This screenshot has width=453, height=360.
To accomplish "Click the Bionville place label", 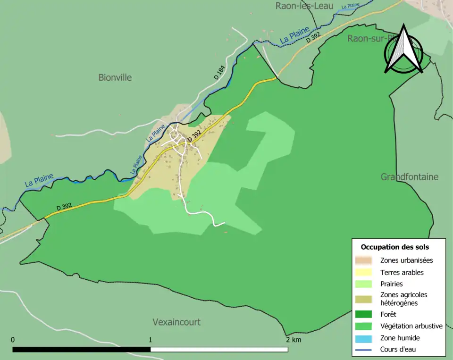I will click(115, 77).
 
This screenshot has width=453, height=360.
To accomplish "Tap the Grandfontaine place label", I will click(409, 177).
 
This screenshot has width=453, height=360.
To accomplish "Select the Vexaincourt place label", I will click(176, 322).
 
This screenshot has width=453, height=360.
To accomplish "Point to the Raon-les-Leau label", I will click(304, 6).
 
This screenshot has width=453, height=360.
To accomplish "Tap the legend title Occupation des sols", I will click(394, 247).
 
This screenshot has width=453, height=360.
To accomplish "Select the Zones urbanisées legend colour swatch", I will click(364, 260).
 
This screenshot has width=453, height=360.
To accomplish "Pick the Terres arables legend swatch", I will click(364, 272).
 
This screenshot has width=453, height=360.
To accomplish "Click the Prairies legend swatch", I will click(364, 284).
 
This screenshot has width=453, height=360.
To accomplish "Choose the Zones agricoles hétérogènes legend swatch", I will click(364, 299).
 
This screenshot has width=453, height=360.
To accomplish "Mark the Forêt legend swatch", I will click(364, 314).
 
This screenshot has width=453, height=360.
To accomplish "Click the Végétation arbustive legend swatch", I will click(364, 326).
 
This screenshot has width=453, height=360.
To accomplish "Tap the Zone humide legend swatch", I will click(364, 338).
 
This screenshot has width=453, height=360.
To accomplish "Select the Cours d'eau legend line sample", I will click(364, 350).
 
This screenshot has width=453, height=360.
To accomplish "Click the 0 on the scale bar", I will click(13, 340).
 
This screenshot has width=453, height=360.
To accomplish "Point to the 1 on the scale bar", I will click(150, 340).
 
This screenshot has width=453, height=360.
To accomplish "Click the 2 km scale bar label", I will click(293, 340).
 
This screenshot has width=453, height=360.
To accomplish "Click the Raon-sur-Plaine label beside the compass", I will click(366, 39).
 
